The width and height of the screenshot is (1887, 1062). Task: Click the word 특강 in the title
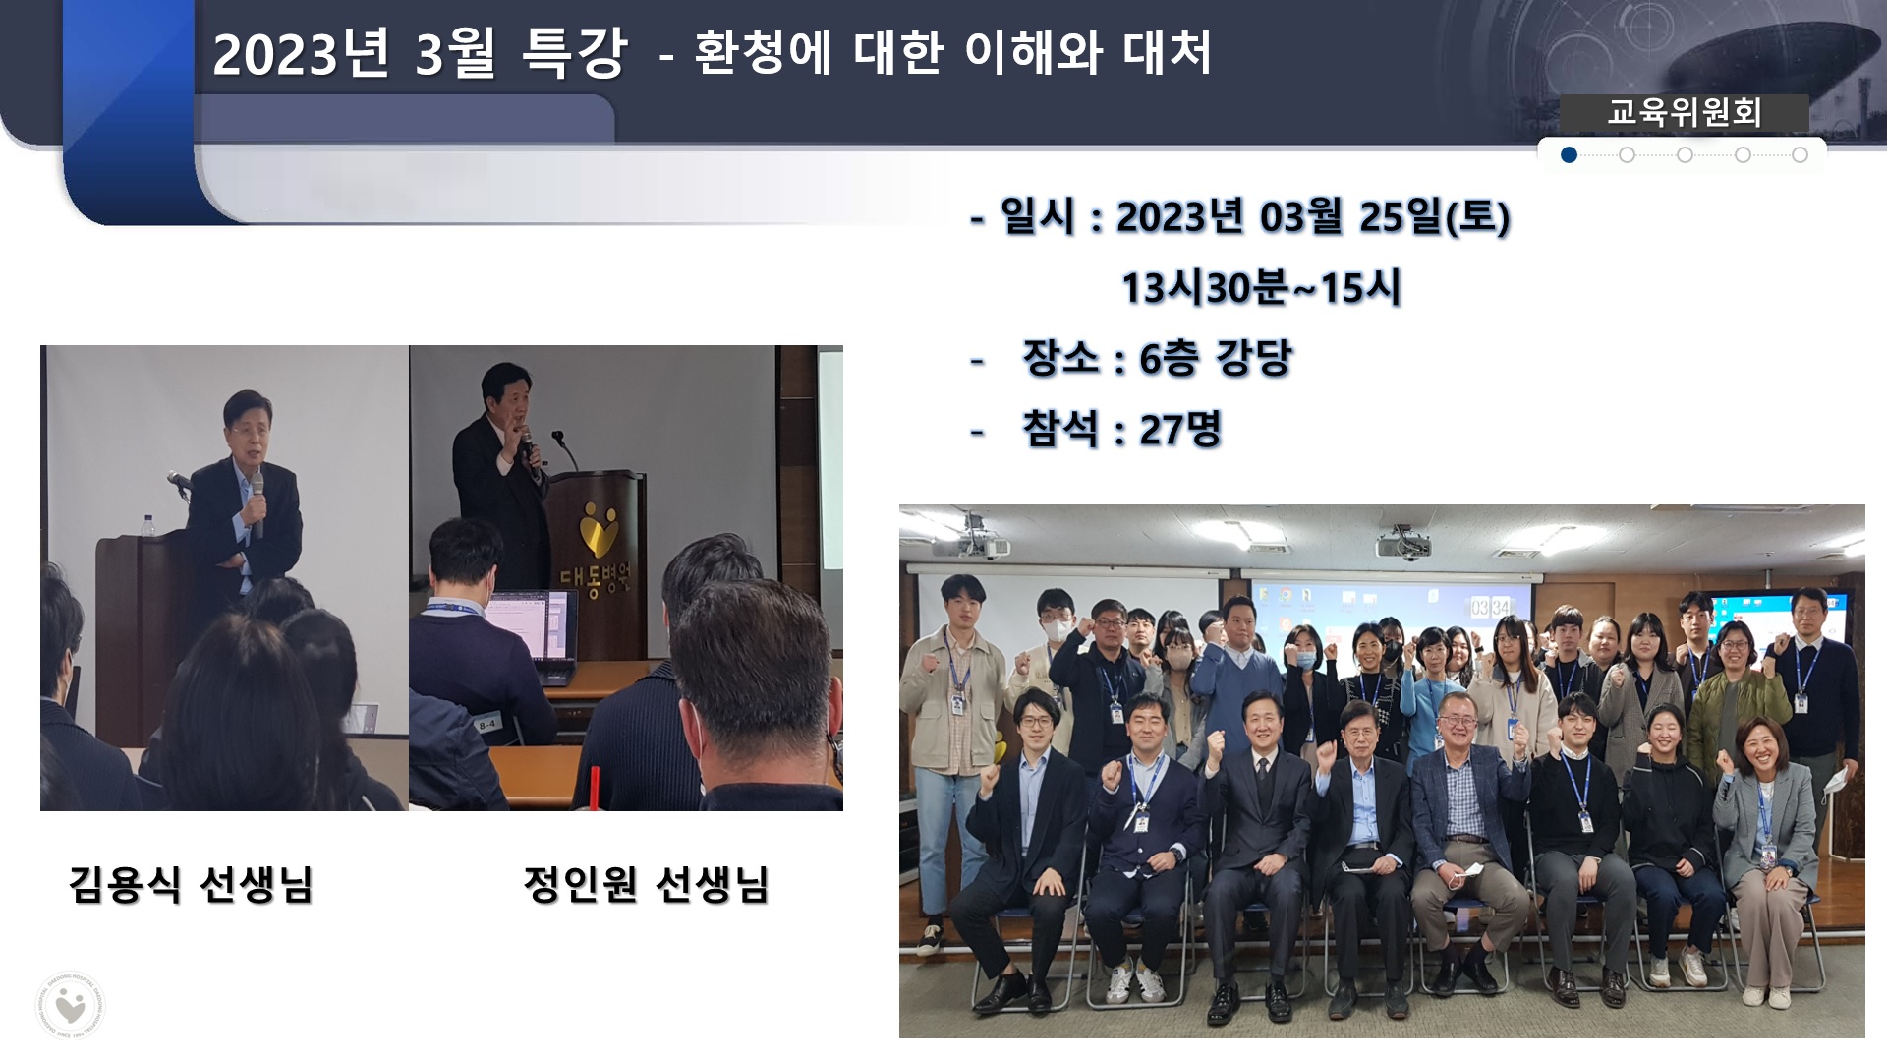click(574, 53)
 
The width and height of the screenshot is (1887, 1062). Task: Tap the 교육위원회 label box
click(1684, 113)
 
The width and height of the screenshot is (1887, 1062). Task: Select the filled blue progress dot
click(1569, 155)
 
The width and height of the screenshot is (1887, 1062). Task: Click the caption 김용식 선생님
click(191, 884)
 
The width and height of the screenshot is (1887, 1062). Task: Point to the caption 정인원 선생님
click(646, 884)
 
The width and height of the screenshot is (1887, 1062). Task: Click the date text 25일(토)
click(1434, 216)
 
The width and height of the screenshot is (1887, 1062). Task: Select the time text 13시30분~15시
click(1261, 288)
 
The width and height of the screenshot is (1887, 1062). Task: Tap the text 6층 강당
click(1216, 358)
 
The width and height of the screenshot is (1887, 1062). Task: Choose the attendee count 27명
click(1180, 430)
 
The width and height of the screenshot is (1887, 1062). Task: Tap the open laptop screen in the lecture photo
click(527, 625)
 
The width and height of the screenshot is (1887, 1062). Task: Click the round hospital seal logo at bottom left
click(71, 1005)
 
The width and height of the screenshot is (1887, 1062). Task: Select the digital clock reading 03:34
click(1490, 607)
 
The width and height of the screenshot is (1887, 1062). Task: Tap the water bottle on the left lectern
click(149, 526)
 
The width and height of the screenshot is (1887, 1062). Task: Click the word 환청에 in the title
click(763, 53)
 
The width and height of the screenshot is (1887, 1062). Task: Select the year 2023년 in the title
click(301, 54)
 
